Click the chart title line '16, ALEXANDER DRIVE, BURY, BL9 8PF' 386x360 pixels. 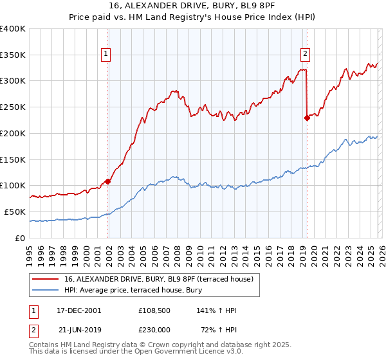193,6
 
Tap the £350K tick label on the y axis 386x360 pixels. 13,55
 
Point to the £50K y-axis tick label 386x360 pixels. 15,212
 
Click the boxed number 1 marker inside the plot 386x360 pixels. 106,54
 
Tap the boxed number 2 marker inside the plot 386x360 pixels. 305,54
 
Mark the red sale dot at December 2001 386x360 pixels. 108,181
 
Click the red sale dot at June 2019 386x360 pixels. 307,118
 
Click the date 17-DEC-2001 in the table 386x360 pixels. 75,310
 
